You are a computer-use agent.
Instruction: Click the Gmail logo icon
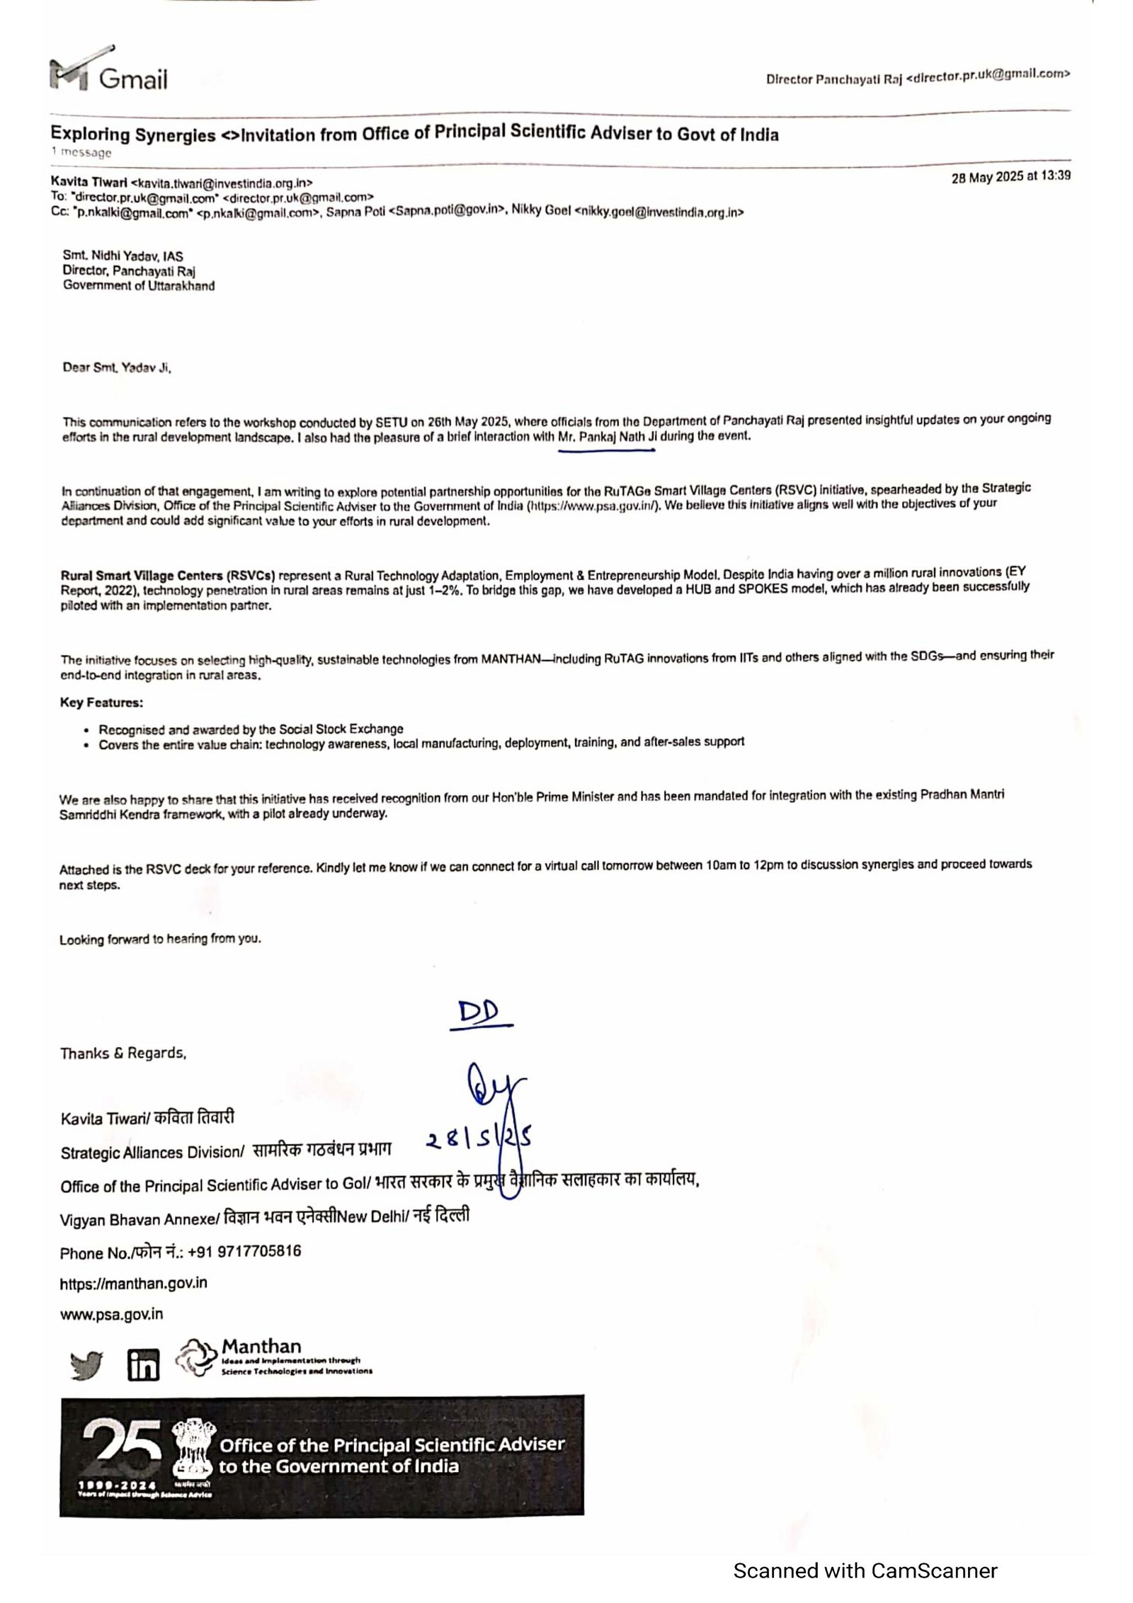(69, 74)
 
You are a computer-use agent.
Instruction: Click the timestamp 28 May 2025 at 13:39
(1010, 177)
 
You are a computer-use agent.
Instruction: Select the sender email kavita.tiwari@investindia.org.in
(222, 183)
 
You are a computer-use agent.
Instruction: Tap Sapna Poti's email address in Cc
(447, 211)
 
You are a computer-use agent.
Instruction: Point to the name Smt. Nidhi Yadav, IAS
(123, 256)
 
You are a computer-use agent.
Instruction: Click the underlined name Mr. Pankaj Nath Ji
(608, 437)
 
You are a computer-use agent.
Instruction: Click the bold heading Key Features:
(101, 703)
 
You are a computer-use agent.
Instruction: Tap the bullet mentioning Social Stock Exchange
(251, 729)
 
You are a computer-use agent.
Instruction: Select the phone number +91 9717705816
(245, 1251)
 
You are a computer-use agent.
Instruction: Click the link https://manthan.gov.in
(134, 1283)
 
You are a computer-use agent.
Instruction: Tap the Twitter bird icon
(86, 1365)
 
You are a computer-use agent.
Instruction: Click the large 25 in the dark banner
(121, 1447)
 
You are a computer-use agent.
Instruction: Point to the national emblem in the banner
(193, 1453)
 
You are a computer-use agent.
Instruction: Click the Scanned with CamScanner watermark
(865, 1570)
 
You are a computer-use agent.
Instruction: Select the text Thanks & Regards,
(123, 1054)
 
